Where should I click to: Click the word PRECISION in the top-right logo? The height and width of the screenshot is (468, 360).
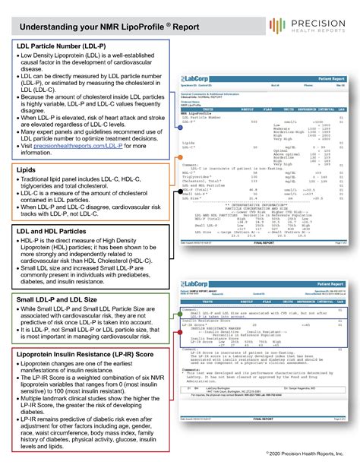(317, 22)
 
